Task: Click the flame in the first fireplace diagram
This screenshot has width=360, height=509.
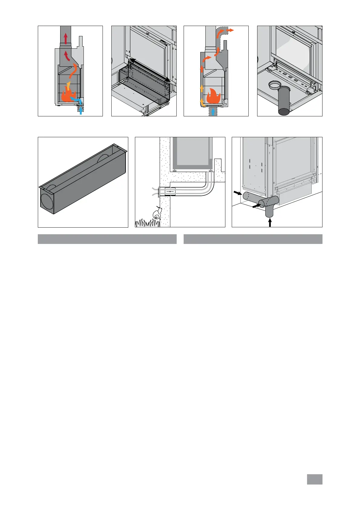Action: (67, 95)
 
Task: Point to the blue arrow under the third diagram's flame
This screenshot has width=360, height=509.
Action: (213, 112)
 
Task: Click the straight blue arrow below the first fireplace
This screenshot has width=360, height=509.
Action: (80, 110)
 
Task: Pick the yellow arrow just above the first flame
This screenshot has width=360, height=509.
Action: (68, 84)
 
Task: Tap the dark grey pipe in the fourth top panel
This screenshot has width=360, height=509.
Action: (284, 101)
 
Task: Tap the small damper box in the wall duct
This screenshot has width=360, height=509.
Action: (170, 192)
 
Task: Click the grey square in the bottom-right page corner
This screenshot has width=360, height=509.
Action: (315, 479)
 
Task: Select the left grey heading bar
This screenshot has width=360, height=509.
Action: (107, 239)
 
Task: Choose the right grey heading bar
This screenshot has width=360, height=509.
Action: (253, 239)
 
